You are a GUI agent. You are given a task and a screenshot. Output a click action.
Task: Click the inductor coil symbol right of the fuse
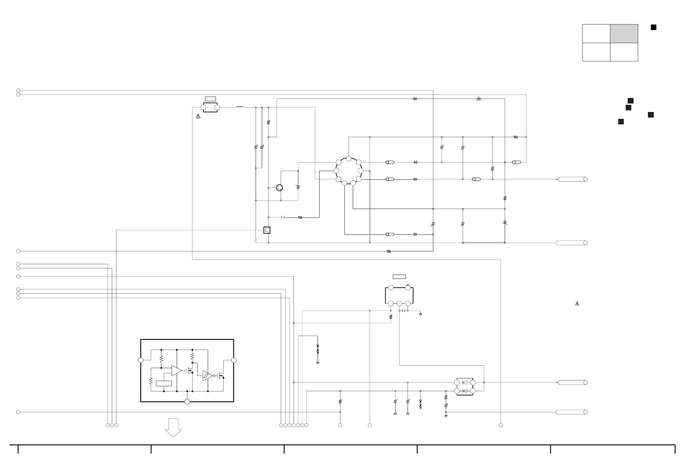click(x=240, y=107)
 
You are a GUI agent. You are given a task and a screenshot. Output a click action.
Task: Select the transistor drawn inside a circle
click(x=279, y=188)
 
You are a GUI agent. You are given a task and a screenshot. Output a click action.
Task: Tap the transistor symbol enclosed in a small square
click(x=267, y=230)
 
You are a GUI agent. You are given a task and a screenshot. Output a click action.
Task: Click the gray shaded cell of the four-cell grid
click(x=624, y=34)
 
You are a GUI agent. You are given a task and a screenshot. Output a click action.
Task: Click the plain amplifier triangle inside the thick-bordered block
click(x=176, y=370)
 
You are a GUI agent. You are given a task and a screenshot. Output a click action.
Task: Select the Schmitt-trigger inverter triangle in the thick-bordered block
click(x=207, y=376)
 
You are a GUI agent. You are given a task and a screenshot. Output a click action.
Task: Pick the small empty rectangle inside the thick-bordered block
click(x=164, y=384)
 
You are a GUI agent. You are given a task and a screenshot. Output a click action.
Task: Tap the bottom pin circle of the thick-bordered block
click(x=187, y=402)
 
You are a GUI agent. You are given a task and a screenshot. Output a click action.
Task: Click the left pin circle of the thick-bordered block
click(x=141, y=360)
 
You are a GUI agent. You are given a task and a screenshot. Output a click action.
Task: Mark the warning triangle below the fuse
click(x=198, y=116)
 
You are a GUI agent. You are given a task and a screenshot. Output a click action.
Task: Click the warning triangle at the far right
click(x=577, y=304)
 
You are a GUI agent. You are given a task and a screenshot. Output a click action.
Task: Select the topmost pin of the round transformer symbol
click(x=349, y=159)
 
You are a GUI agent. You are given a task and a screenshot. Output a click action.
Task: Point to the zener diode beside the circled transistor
click(x=298, y=187)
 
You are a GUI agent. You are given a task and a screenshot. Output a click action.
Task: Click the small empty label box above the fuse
click(x=210, y=99)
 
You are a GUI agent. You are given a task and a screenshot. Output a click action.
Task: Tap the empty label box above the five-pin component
click(x=399, y=277)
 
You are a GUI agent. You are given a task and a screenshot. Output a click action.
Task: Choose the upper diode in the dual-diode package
click(x=465, y=382)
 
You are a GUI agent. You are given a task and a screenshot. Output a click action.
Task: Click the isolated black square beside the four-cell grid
click(x=653, y=27)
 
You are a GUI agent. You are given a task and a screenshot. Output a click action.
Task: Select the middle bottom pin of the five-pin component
click(x=399, y=304)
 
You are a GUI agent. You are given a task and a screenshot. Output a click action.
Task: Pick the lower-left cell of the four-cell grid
click(x=596, y=52)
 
